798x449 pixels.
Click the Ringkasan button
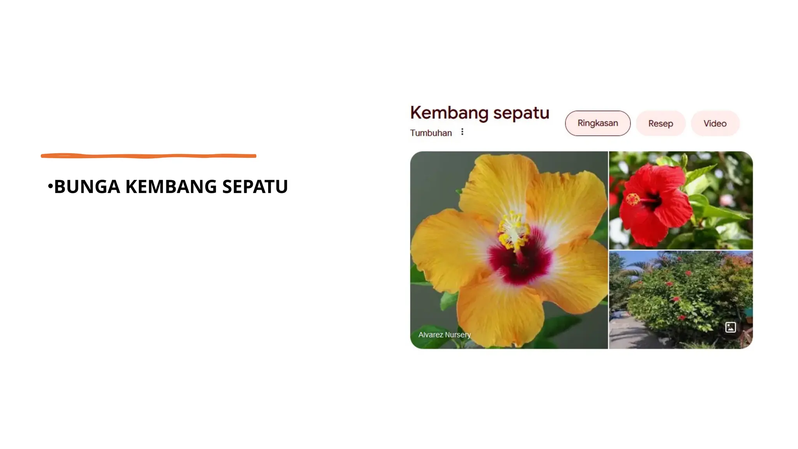point(597,123)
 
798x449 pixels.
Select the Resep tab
point(660,124)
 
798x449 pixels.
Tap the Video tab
point(715,124)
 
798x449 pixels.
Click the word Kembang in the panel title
point(449,113)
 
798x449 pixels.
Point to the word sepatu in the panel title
point(521,113)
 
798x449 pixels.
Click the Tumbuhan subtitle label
point(431,133)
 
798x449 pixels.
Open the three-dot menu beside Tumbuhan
point(462,132)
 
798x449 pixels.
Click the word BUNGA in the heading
point(87,187)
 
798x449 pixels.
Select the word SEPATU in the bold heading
point(255,187)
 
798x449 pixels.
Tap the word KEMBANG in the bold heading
point(171,187)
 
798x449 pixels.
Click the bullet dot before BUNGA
point(50,186)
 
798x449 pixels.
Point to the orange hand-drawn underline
point(148,156)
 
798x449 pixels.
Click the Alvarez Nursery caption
point(444,335)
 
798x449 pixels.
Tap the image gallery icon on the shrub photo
point(730,327)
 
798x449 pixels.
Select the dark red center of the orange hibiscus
point(520,261)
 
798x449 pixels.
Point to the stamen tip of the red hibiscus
point(632,199)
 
